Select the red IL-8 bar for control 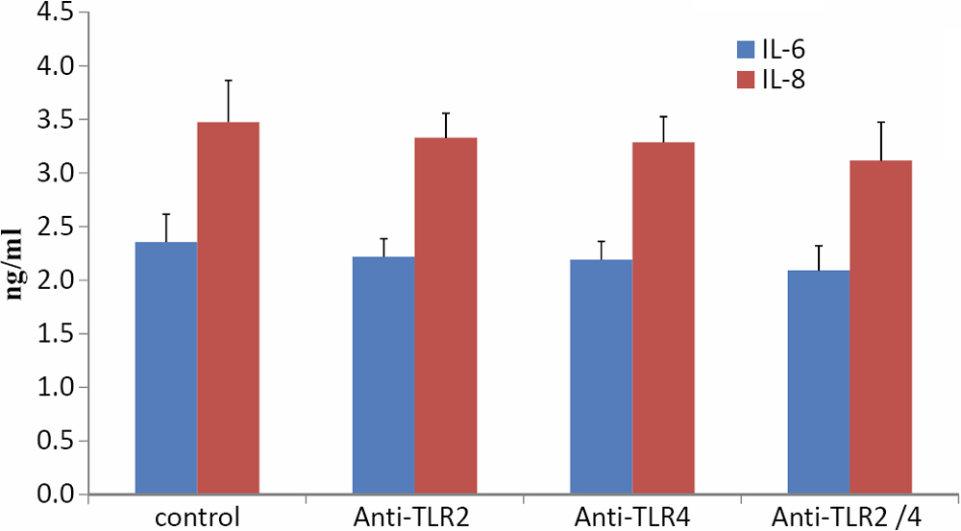[x=228, y=307]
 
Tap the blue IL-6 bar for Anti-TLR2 [x=383, y=374]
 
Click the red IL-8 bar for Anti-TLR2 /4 [x=880, y=326]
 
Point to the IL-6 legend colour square [x=746, y=48]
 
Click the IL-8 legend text [x=784, y=82]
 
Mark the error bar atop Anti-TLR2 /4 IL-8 [x=880, y=140]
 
